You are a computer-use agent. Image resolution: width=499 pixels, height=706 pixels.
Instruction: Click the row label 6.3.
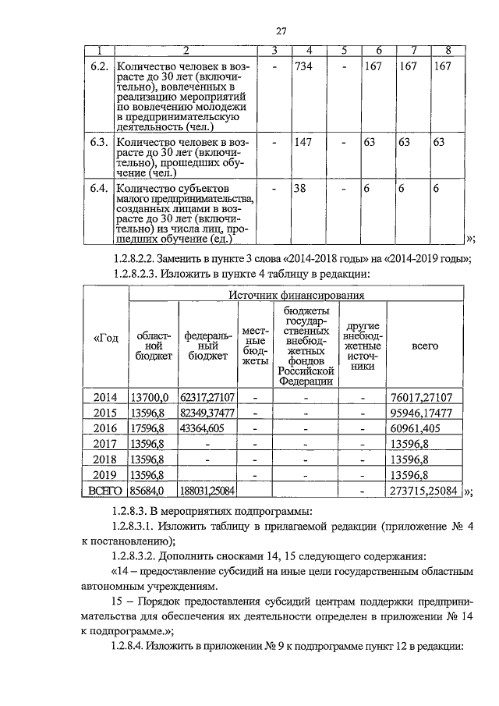[x=97, y=143]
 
